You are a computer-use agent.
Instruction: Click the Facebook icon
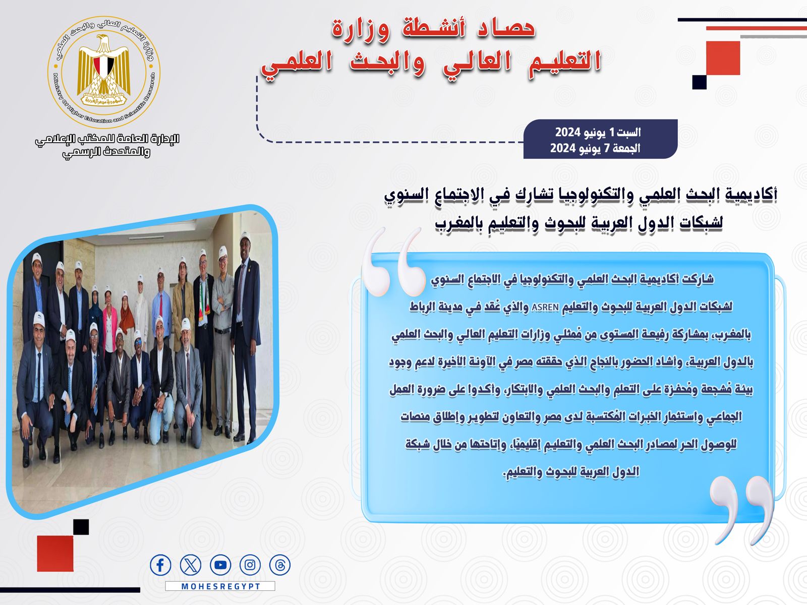(x=160, y=565)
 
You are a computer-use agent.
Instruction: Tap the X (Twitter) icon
(x=191, y=565)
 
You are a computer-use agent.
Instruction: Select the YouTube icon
(x=220, y=565)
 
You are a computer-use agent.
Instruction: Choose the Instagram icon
(x=250, y=565)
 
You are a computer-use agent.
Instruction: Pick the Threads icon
(x=280, y=565)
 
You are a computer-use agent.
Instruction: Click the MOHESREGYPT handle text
(x=220, y=586)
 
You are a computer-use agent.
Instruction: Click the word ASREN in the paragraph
(x=545, y=307)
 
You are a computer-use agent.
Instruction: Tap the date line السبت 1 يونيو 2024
(x=598, y=132)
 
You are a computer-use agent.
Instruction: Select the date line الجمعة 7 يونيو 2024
(x=595, y=148)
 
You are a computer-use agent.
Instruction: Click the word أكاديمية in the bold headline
(x=750, y=195)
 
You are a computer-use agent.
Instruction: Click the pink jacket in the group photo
(x=110, y=329)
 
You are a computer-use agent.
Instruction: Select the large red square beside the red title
(x=723, y=58)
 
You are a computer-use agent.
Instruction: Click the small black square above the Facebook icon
(x=81, y=527)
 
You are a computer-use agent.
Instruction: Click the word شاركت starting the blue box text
(x=698, y=279)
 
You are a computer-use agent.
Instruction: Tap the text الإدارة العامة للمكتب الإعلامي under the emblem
(x=107, y=140)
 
